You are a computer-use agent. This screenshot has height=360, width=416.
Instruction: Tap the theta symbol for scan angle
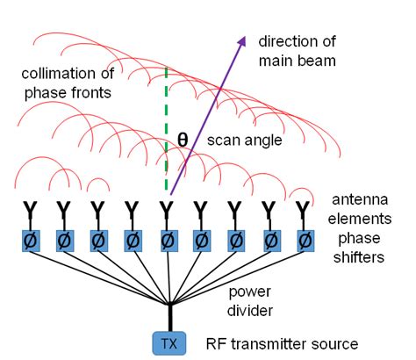[x=183, y=140]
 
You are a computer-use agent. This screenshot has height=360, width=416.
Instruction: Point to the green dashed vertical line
[x=167, y=132]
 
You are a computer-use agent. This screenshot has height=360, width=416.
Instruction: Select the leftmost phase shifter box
[x=29, y=239]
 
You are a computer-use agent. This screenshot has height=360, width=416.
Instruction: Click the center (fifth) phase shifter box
[x=167, y=239]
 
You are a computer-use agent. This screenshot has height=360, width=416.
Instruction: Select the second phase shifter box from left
[x=63, y=239]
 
